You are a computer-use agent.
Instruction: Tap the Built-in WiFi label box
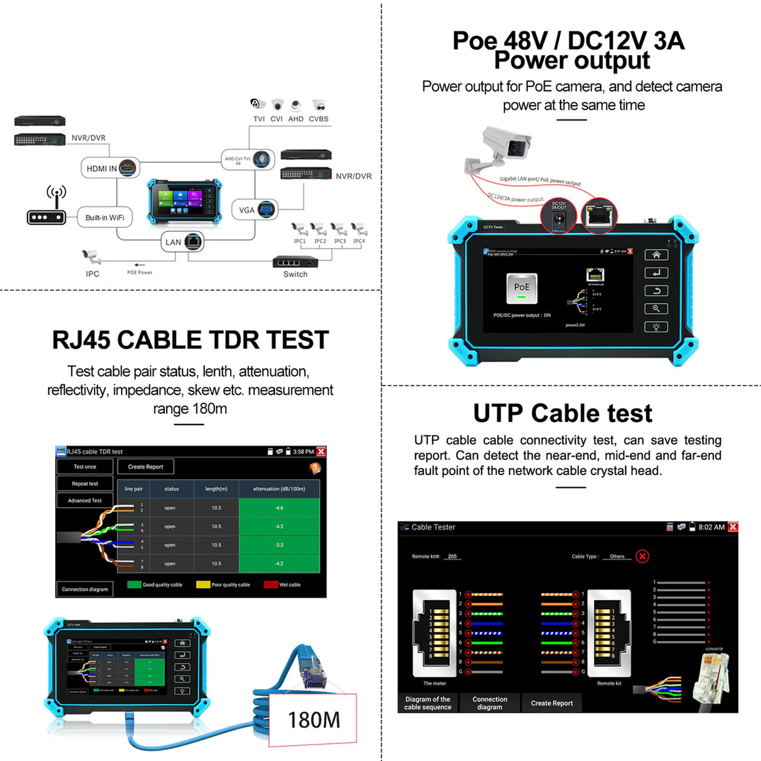tap(105, 218)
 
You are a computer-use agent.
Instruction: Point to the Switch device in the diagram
tap(295, 263)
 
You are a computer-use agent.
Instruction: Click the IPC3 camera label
tap(339, 241)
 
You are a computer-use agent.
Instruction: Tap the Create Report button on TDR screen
tap(145, 467)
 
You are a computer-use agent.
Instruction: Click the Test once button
tap(85, 467)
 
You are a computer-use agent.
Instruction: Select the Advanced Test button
tap(85, 501)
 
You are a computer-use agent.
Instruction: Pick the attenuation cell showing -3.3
tap(280, 545)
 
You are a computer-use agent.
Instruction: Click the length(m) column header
tap(216, 489)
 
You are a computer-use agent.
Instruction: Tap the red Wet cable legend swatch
tap(270, 585)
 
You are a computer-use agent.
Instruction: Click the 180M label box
tap(313, 720)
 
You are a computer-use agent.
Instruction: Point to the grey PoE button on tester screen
tap(522, 288)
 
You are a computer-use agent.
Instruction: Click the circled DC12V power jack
tap(559, 218)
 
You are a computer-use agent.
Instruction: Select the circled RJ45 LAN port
tap(600, 216)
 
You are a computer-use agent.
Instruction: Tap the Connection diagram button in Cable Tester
tap(490, 703)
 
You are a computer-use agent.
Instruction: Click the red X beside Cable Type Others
tap(642, 556)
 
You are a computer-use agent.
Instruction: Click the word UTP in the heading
tap(498, 414)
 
